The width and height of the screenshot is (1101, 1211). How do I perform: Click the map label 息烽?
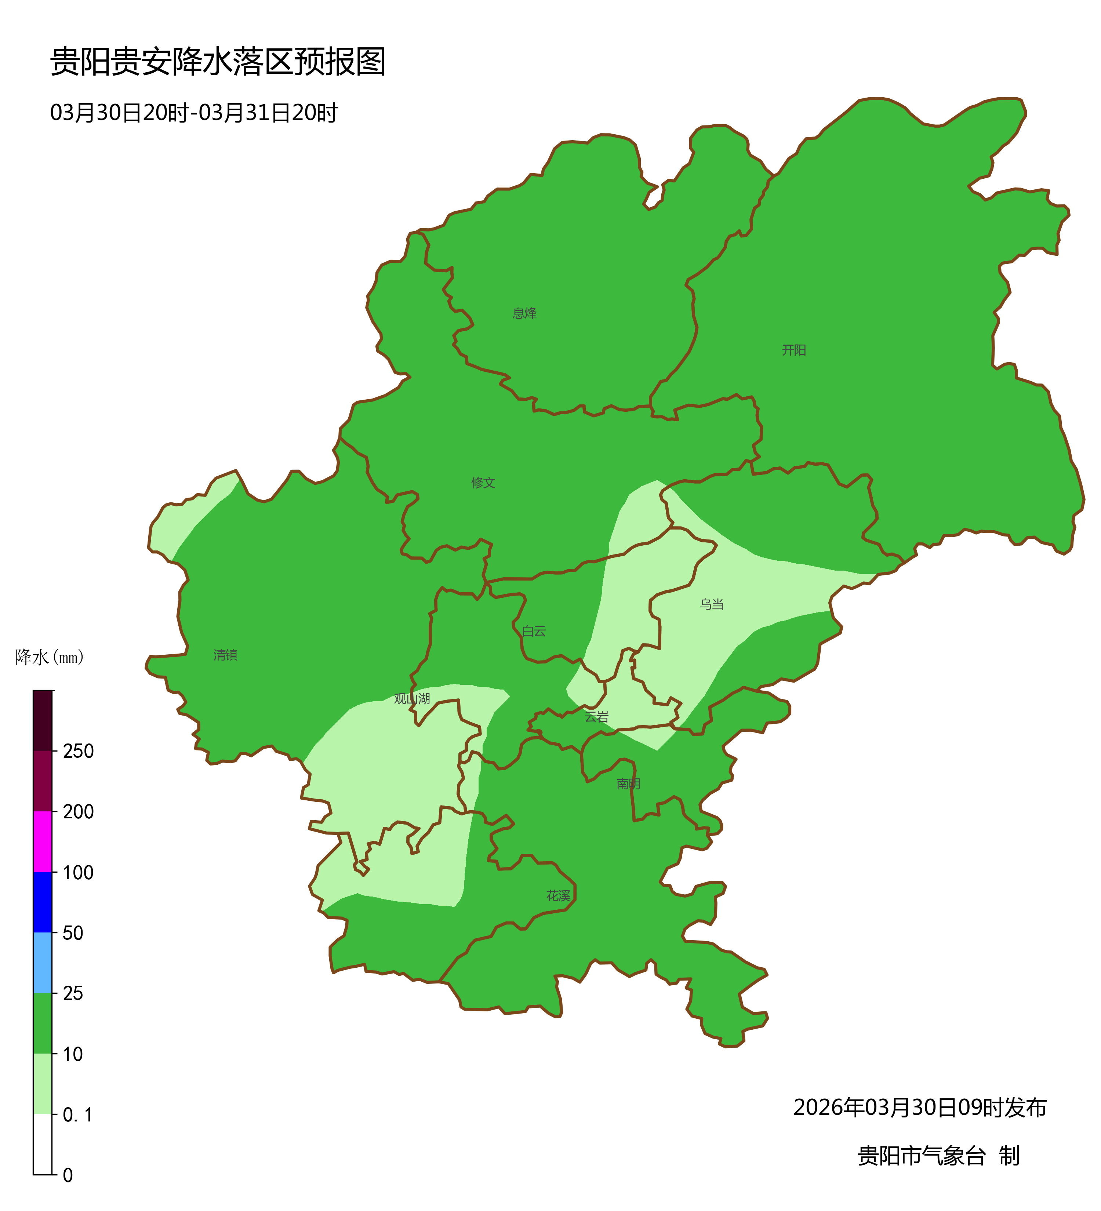pyautogui.click(x=524, y=313)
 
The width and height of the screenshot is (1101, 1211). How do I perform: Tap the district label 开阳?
pyautogui.click(x=793, y=350)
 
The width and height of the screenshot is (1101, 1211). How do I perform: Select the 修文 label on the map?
pyautogui.click(x=483, y=482)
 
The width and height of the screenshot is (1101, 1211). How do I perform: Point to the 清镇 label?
pyautogui.click(x=226, y=655)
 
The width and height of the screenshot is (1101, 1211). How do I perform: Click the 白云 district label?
pyautogui.click(x=534, y=631)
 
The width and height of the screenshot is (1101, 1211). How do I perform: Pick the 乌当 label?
pyautogui.click(x=711, y=604)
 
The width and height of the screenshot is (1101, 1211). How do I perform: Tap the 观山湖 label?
pyautogui.click(x=412, y=699)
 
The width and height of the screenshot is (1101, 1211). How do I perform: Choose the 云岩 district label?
pyautogui.click(x=596, y=717)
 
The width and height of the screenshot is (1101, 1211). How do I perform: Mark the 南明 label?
pyautogui.click(x=628, y=784)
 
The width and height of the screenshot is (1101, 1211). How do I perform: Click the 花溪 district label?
pyautogui.click(x=558, y=896)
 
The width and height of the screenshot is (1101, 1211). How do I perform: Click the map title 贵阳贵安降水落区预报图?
pyautogui.click(x=217, y=62)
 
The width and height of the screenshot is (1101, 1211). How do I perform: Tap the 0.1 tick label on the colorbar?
pyautogui.click(x=78, y=1115)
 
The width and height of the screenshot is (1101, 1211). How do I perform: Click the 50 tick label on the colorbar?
pyautogui.click(x=73, y=933)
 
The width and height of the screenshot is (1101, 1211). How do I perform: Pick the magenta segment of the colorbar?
pyautogui.click(x=43, y=841)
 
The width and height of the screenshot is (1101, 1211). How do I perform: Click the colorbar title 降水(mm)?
pyautogui.click(x=49, y=657)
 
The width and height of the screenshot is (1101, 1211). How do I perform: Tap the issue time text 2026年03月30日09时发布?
pyautogui.click(x=920, y=1108)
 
